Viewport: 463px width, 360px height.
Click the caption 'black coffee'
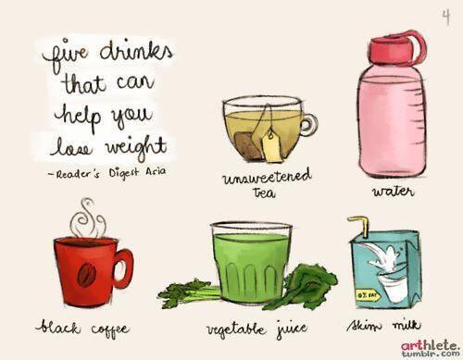click(x=82, y=327)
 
